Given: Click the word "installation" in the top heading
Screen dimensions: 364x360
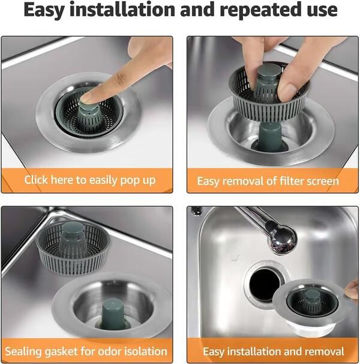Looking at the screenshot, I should click(x=120, y=11).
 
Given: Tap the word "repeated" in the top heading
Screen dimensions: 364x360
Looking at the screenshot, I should click(x=252, y=11).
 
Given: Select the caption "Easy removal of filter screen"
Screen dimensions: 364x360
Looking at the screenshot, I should click(x=268, y=181).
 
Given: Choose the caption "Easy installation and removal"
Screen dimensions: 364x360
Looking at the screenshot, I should click(x=273, y=351).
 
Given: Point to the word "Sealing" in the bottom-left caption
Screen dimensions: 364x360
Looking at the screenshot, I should click(x=25, y=351).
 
